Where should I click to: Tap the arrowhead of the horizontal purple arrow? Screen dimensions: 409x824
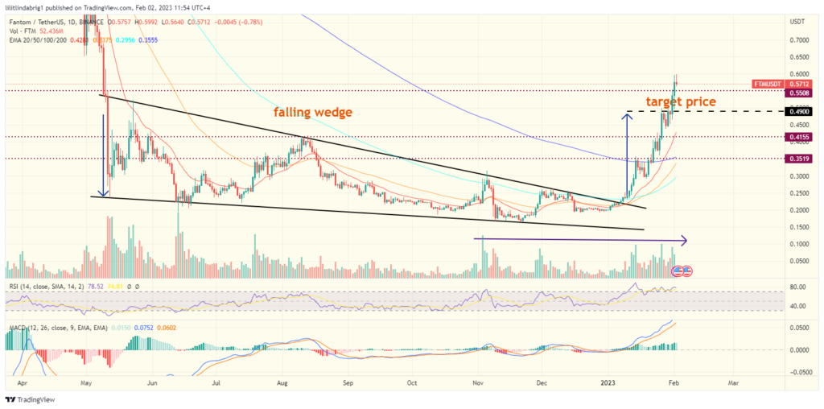[684, 239]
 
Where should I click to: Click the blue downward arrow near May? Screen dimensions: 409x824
[103, 153]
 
